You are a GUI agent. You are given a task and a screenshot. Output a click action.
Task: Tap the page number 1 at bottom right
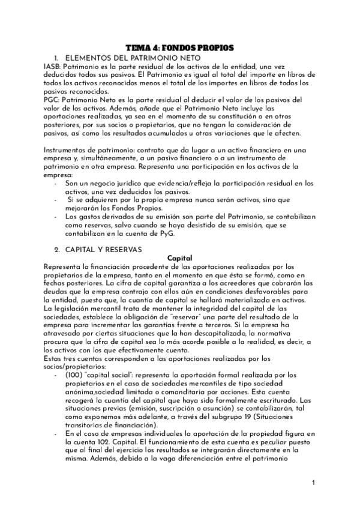(313, 482)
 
